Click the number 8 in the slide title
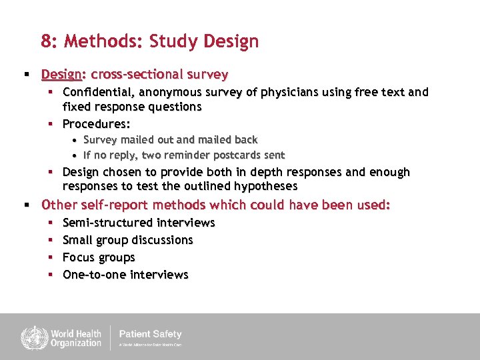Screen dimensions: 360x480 pos(47,42)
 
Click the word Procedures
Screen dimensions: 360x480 pos(95,124)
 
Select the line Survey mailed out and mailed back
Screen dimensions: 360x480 pos(170,140)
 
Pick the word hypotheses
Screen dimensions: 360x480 pos(265,187)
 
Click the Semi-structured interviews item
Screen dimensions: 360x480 pos(139,223)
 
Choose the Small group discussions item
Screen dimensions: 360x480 pos(127,240)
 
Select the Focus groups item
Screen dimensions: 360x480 pos(99,257)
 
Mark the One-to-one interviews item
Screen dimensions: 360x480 pos(125,275)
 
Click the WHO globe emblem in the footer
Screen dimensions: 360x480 pos(32,337)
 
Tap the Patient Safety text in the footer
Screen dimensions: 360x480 pos(150,334)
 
